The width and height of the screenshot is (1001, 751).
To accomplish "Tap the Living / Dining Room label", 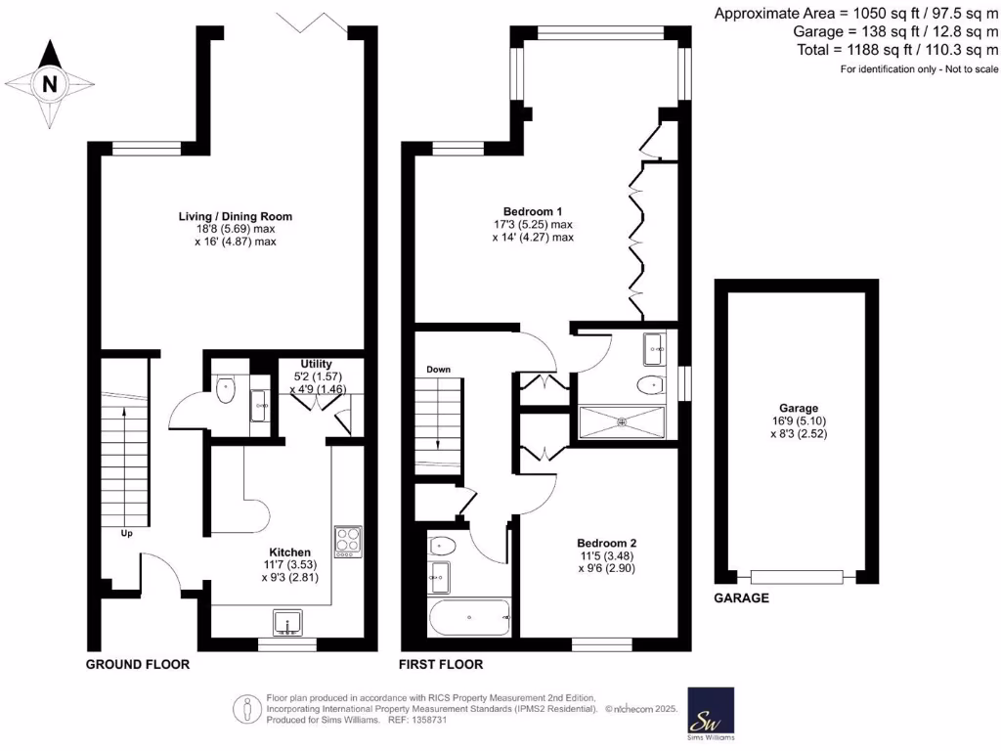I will (x=235, y=216).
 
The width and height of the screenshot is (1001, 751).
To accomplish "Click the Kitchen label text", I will (x=290, y=552).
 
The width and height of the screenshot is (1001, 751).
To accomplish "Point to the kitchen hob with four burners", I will (x=347, y=541).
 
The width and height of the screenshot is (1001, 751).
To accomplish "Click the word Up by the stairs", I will (x=126, y=534).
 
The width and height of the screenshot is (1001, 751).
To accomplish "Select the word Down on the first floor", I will (x=438, y=370).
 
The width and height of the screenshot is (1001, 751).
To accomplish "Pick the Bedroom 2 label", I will (x=606, y=544).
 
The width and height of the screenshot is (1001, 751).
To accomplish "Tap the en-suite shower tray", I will (x=622, y=421).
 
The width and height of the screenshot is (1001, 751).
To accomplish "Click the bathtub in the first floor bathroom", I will (x=470, y=617).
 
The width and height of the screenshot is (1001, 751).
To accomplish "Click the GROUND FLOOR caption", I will (x=137, y=664).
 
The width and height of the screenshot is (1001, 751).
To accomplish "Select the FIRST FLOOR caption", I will (x=441, y=664).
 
